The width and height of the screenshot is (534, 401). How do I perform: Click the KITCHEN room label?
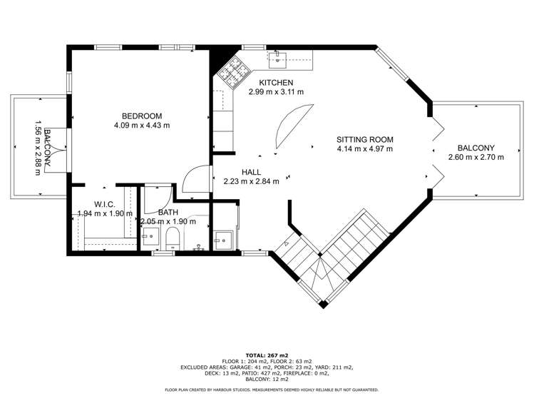276,83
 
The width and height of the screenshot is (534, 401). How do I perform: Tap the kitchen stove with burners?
232,71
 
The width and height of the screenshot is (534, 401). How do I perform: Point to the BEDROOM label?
142,116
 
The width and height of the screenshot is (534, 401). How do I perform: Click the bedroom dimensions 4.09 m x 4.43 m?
142,126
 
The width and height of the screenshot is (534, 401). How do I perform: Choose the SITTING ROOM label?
365,140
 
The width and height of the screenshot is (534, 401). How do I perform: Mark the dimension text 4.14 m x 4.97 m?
365,149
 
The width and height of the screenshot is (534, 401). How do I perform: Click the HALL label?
252,172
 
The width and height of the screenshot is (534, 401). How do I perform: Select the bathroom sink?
150,237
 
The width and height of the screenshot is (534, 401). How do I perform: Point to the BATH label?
168,213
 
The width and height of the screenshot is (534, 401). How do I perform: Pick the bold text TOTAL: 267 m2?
267,355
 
